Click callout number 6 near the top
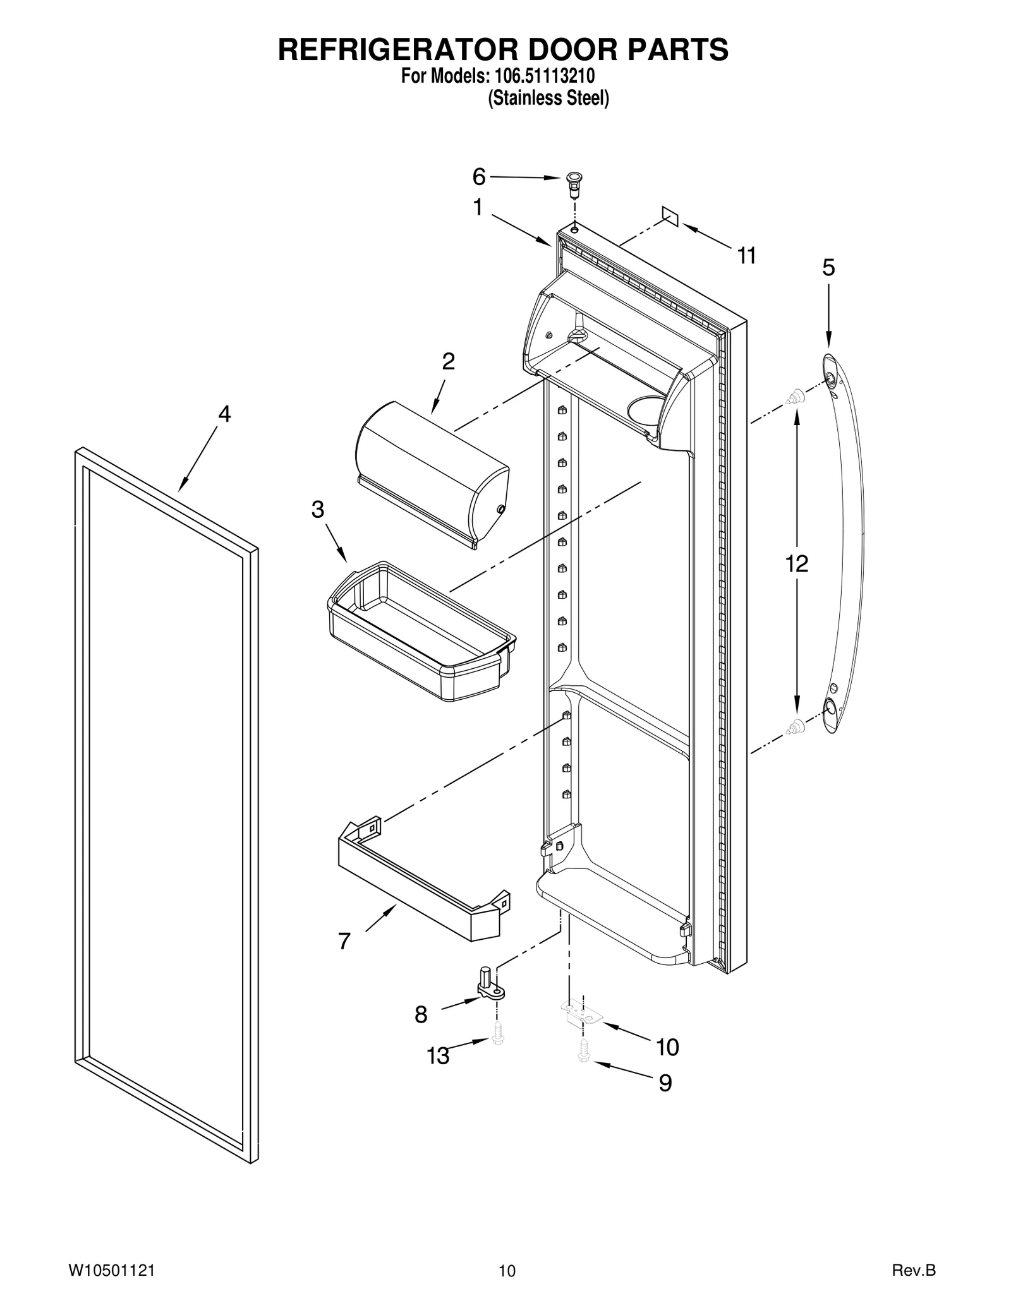479,177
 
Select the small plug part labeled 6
574,181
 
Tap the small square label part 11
670,215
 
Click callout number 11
746,256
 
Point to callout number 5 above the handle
828,268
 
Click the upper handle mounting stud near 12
796,397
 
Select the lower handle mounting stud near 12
796,727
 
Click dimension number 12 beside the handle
797,563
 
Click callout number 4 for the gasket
224,414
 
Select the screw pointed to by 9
582,1051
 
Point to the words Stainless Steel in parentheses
548,99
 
